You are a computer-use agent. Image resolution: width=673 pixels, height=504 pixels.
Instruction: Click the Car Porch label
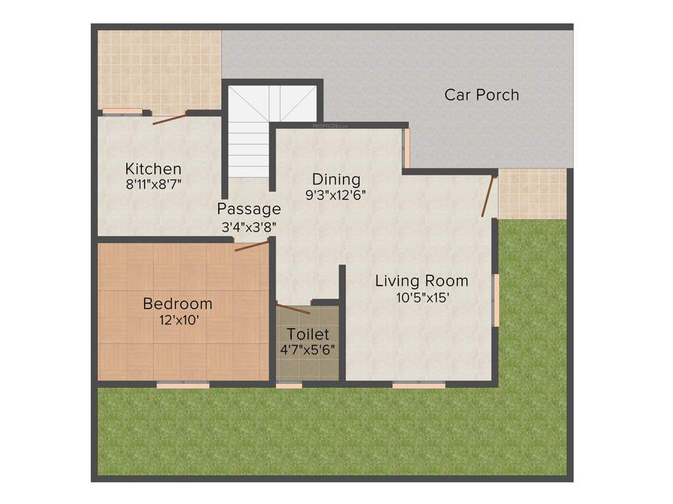tap(482, 94)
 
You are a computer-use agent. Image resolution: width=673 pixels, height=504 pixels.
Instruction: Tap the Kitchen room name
tap(153, 169)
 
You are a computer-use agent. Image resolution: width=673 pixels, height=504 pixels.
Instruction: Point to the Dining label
tap(336, 179)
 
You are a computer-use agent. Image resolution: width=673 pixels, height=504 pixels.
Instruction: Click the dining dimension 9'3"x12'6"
tap(336, 194)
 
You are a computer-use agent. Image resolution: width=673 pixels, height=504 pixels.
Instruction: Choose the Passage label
tap(249, 209)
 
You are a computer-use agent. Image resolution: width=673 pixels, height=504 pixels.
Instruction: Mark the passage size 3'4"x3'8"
tap(248, 226)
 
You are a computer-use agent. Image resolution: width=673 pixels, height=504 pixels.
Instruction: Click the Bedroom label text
tap(177, 304)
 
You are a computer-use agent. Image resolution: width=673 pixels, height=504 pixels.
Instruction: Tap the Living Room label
tap(422, 281)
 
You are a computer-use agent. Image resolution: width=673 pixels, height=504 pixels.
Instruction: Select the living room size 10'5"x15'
tap(422, 297)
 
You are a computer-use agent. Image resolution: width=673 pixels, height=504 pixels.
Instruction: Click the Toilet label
tap(308, 334)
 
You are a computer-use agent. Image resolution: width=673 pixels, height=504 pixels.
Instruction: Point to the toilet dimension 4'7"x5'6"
tap(308, 349)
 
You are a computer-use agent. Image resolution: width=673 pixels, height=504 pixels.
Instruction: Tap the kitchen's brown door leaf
tap(170, 118)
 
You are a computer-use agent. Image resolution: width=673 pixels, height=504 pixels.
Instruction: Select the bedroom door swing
tap(252, 246)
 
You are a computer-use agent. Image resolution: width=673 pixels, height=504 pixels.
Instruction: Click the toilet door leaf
tap(293, 308)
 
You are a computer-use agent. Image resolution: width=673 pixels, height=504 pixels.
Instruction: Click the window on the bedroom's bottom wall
tap(183, 384)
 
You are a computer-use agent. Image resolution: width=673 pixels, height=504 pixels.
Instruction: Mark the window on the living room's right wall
tap(497, 300)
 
